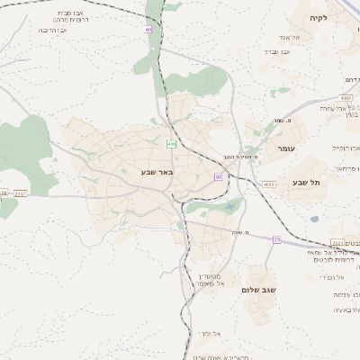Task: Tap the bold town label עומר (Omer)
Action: [286, 148]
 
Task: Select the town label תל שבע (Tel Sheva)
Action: [306, 183]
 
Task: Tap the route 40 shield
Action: [148, 30]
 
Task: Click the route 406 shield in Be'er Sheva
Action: [171, 143]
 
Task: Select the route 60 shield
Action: [218, 176]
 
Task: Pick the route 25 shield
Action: [277, 239]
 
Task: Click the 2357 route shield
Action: [21, 193]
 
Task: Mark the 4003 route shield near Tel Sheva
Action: [269, 184]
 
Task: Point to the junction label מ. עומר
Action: [285, 121]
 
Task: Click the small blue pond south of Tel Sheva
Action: [314, 219]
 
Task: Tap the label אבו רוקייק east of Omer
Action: [346, 147]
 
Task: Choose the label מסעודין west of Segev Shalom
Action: [210, 275]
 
